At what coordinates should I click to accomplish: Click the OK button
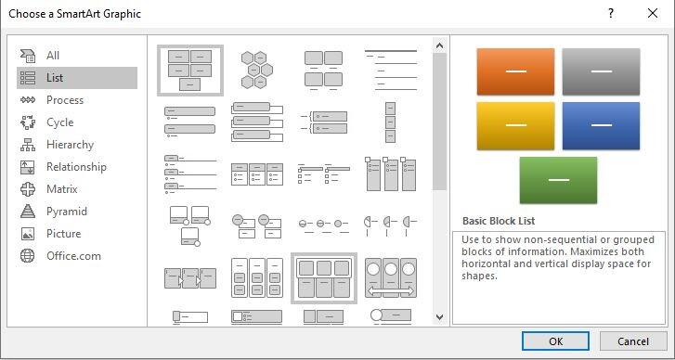(555, 341)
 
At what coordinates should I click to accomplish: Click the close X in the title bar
(653, 13)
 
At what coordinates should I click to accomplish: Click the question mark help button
(611, 13)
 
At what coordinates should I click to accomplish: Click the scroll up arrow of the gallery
(439, 45)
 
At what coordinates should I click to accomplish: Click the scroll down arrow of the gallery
(439, 317)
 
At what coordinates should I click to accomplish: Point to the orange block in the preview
(515, 71)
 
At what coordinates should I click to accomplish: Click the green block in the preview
(558, 180)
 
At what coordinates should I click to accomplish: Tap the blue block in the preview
(601, 125)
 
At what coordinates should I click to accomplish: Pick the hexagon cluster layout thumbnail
(257, 70)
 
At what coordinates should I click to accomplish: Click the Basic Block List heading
(499, 221)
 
